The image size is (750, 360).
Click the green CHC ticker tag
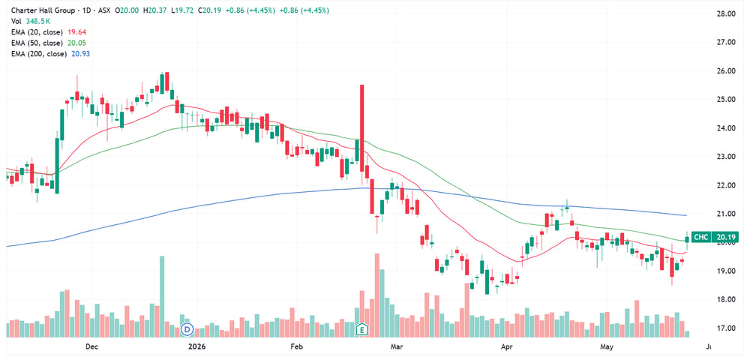point(700,238)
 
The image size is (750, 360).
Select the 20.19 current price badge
point(725,238)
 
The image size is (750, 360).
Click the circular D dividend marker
point(187,329)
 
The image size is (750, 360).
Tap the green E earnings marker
point(363,329)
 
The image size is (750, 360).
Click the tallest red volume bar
point(377,295)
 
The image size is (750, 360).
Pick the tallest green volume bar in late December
point(162,296)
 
